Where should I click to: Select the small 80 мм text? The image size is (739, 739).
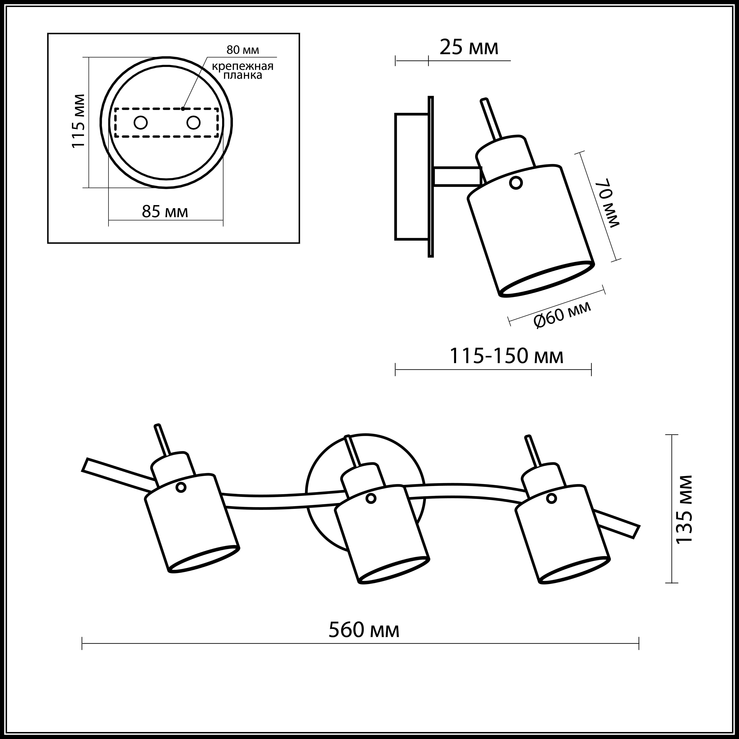coord(242,50)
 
